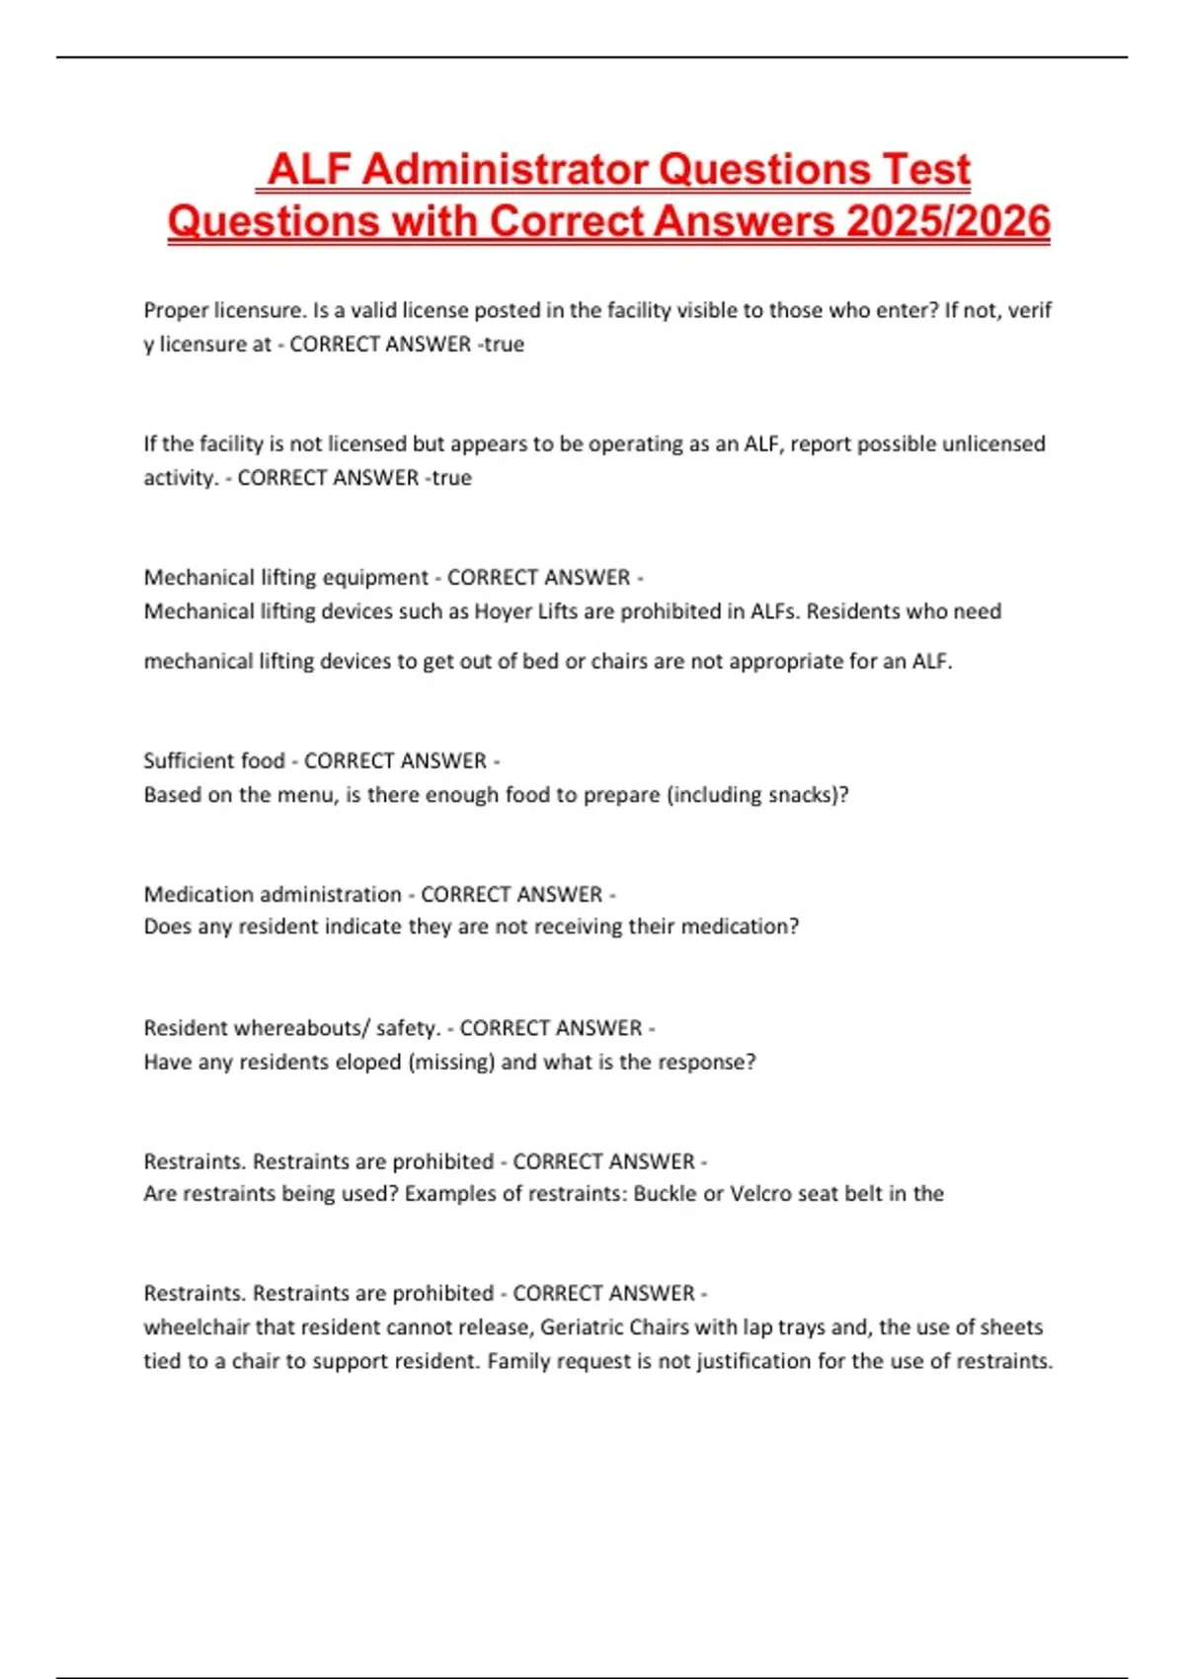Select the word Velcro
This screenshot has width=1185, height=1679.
click(760, 1194)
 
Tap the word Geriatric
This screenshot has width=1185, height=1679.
click(582, 1327)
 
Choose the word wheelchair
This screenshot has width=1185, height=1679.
click(197, 1327)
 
